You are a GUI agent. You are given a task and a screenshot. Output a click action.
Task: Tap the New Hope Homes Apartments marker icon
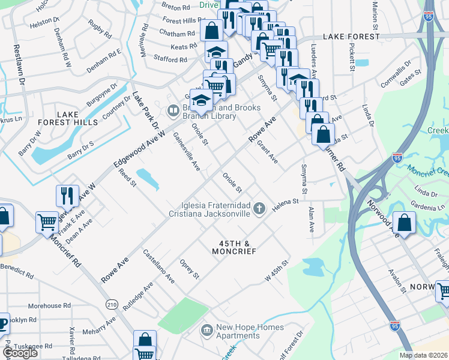tap(207, 330)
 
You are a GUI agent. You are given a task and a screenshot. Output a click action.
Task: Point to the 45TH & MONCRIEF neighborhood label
tap(234, 247)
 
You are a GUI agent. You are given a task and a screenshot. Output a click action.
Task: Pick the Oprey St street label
tap(189, 269)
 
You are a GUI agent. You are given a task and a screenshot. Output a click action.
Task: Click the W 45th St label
tap(277, 271)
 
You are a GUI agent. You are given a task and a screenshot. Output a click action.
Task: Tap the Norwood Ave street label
tap(388, 208)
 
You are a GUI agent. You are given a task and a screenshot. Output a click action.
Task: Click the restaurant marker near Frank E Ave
tap(67, 196)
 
